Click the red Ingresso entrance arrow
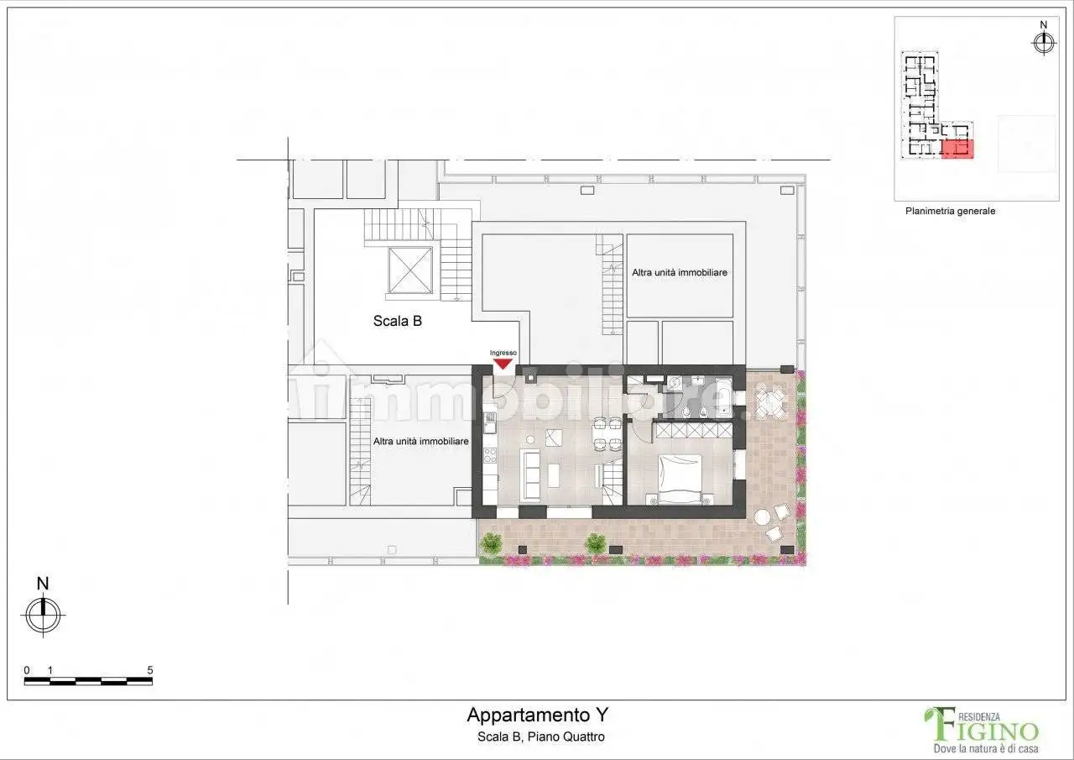click(503, 363)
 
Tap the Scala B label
click(397, 320)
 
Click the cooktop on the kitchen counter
click(490, 457)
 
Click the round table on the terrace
click(764, 517)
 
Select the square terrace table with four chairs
click(771, 401)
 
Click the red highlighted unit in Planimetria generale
click(957, 149)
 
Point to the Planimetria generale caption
click(950, 212)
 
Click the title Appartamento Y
click(537, 715)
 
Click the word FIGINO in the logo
click(995, 731)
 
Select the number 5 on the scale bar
click(149, 670)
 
